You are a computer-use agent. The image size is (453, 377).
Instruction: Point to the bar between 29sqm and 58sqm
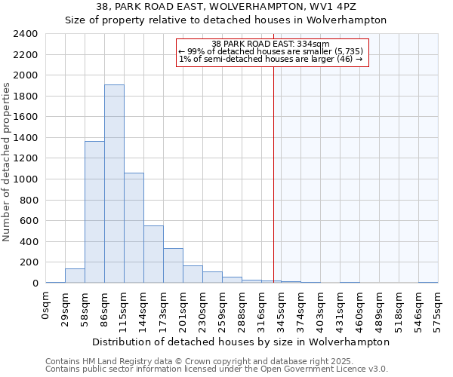pos(75,276)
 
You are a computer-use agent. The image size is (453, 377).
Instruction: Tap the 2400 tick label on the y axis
pos(26,34)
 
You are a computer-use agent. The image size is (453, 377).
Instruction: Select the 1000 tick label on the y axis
pos(26,179)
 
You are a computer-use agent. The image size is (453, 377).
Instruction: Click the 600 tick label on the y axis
pos(29,221)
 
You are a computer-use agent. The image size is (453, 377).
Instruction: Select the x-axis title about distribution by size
pos(241,342)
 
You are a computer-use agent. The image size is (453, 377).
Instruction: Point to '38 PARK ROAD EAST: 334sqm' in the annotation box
pos(271,44)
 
